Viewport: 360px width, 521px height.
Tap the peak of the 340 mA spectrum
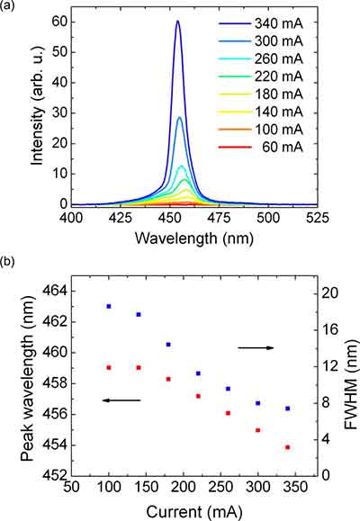coord(177,22)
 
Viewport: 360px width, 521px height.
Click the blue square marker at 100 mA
coord(109,307)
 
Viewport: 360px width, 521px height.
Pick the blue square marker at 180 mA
coord(168,345)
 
